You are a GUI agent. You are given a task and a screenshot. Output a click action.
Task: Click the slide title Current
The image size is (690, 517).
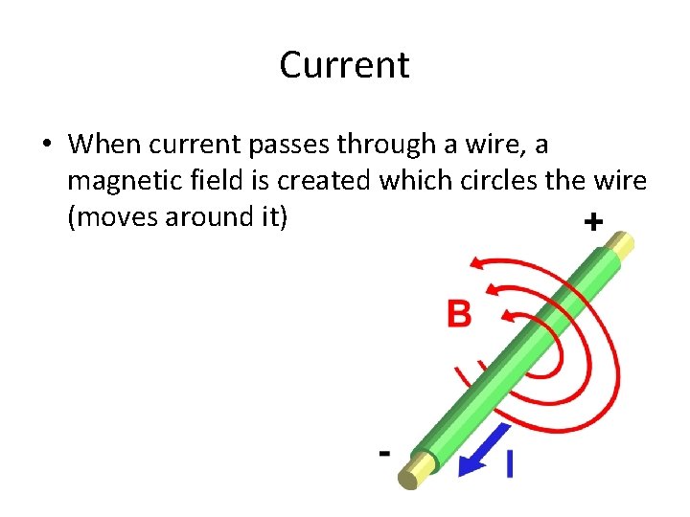(344, 65)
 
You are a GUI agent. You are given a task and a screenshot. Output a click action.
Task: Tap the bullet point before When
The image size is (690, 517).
(45, 145)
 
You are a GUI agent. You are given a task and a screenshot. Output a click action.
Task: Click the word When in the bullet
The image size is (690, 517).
(106, 144)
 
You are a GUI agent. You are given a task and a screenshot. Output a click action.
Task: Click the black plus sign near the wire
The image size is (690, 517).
(593, 222)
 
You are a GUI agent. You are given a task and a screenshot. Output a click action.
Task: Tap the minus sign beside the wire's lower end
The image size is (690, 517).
(384, 452)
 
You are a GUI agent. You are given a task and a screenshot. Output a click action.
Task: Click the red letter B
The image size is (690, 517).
(459, 313)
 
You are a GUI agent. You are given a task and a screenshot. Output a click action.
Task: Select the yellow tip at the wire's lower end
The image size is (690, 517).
(419, 469)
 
